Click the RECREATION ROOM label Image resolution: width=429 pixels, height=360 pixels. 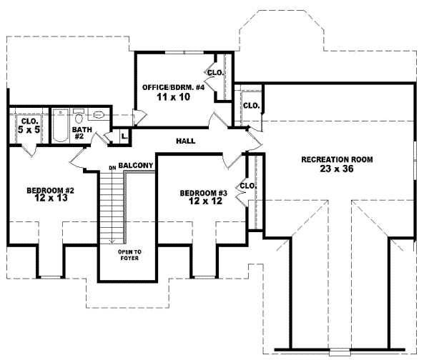336,159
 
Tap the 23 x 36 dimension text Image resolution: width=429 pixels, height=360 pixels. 336,169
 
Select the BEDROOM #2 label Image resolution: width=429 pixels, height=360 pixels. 51,191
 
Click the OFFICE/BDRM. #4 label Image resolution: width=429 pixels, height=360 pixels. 174,87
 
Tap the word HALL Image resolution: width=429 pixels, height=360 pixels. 186,141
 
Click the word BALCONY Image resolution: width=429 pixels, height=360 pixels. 137,166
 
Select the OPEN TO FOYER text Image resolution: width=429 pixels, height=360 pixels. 129,255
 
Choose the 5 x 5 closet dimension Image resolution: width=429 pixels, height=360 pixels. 29,131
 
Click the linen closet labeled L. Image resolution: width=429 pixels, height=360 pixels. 123,134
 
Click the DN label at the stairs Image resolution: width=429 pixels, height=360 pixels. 112,168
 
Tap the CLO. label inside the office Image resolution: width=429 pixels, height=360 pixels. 214,73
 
